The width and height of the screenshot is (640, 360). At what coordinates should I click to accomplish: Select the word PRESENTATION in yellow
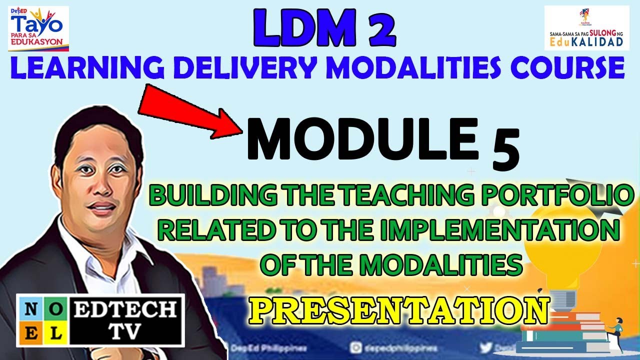[398, 310]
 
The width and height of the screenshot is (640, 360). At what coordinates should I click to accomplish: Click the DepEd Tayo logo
[38, 28]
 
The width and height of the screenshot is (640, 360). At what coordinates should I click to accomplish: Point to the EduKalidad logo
[586, 29]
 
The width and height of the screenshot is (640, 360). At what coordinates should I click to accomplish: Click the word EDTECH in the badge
[125, 310]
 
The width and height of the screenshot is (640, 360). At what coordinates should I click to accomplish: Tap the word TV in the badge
[125, 332]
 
